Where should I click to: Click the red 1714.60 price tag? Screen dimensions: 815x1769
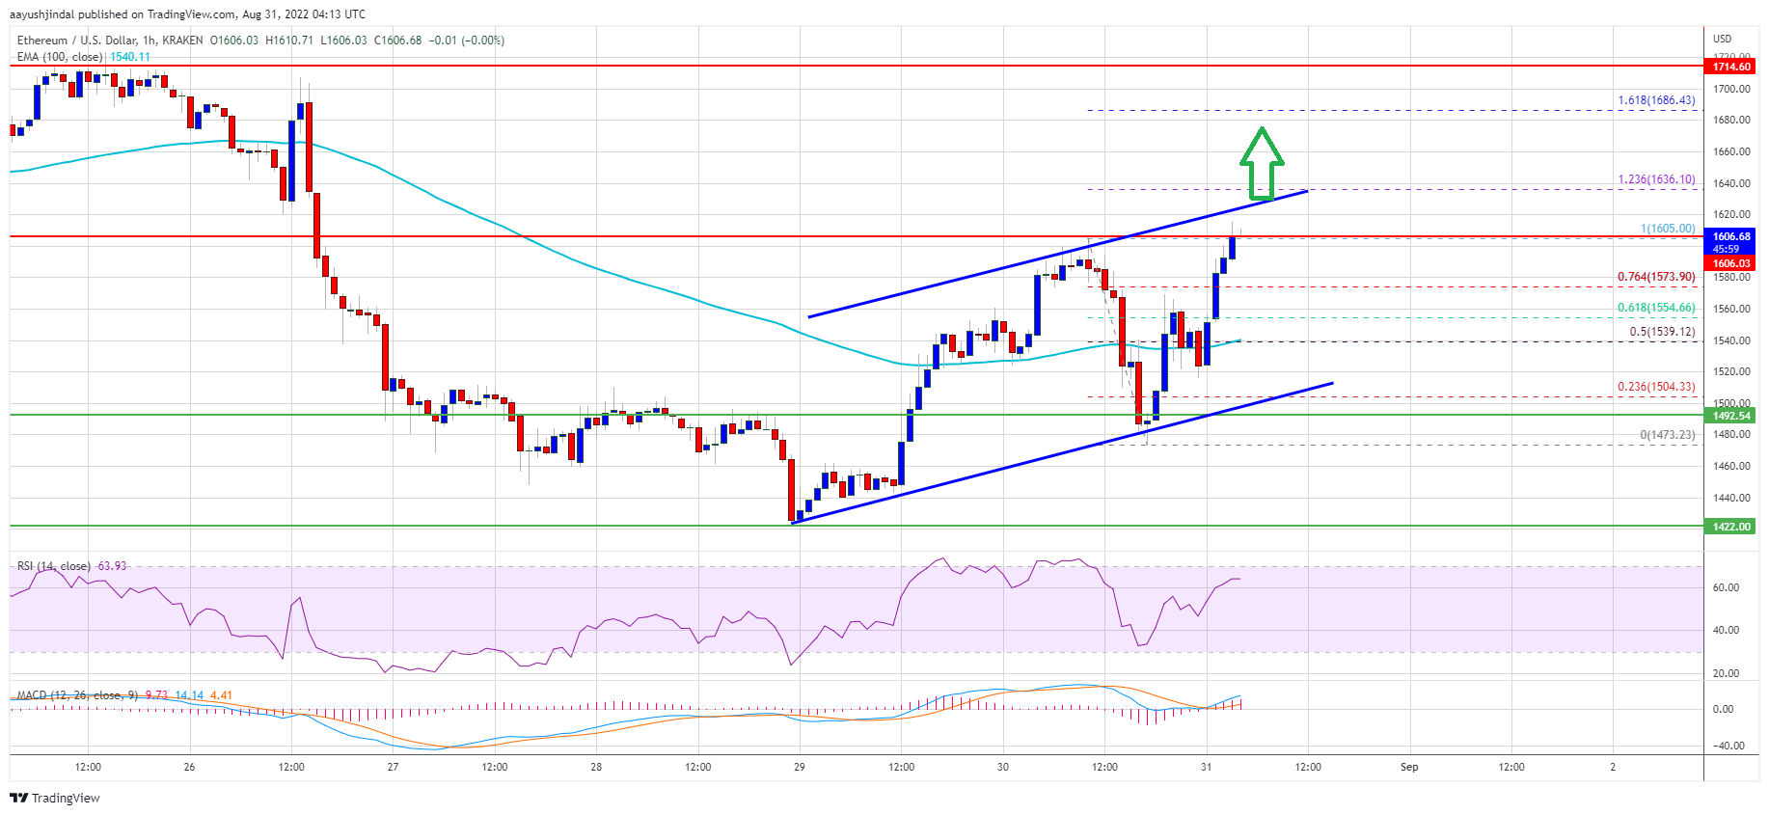1731,67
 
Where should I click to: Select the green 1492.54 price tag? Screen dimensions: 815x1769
1731,416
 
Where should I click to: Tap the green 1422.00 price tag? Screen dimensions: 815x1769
1731,527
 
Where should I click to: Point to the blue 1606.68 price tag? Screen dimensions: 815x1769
1731,236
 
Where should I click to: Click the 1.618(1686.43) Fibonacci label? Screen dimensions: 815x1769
1656,100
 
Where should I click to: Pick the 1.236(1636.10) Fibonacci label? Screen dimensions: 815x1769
1656,179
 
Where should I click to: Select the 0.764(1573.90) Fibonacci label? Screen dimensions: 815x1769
1656,277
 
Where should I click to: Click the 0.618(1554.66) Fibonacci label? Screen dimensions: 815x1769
1656,308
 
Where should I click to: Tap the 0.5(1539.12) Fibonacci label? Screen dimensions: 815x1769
1662,332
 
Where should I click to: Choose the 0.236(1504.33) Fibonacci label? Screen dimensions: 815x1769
1656,387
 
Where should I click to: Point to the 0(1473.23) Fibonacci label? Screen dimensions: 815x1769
1667,435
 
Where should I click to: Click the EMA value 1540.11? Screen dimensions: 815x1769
130,57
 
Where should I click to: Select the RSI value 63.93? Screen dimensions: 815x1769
112,566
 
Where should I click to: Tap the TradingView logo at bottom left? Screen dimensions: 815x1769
55,798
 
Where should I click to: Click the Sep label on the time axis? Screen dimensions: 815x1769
1409,768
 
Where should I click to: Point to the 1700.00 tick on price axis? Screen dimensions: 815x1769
1731,89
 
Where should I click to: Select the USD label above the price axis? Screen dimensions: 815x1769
1722,39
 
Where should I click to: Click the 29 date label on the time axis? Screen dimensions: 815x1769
800,768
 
